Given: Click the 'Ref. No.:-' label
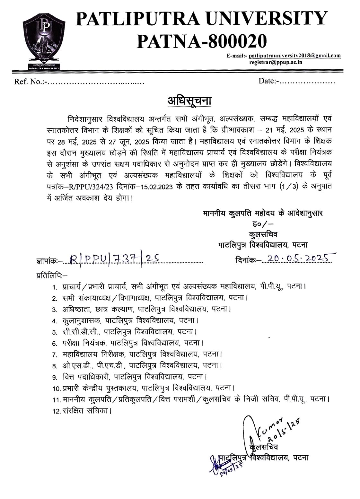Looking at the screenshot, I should pos(29,82).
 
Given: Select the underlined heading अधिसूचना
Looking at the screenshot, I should pos(190,101).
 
